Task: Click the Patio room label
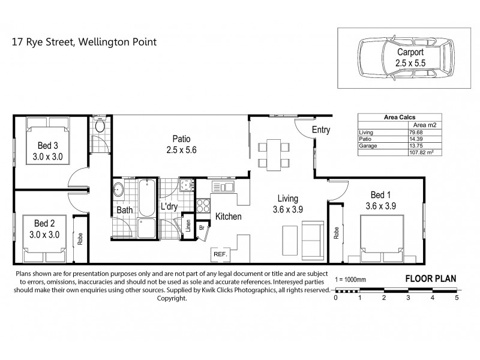182,142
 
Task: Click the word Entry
322,130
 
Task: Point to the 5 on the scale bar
457,297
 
